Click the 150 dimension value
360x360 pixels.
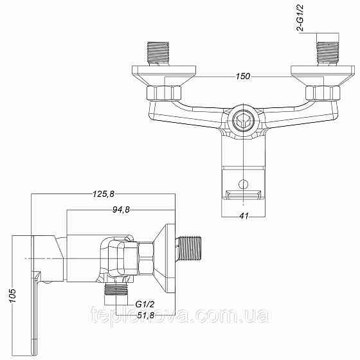click(242, 77)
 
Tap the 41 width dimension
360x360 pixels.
click(244, 217)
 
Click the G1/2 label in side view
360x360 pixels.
click(145, 303)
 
